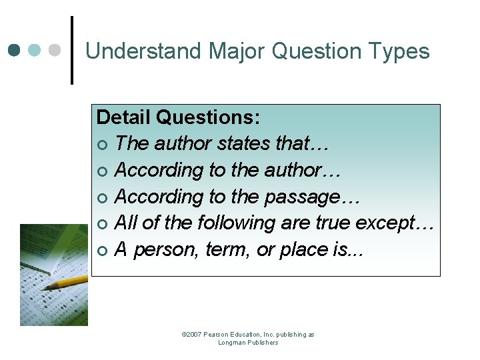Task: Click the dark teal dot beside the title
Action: (x=15, y=51)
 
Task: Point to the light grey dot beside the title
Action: (x=55, y=51)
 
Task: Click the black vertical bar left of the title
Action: (x=71, y=51)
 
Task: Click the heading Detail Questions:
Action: (x=178, y=117)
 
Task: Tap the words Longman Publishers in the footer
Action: (x=248, y=343)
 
